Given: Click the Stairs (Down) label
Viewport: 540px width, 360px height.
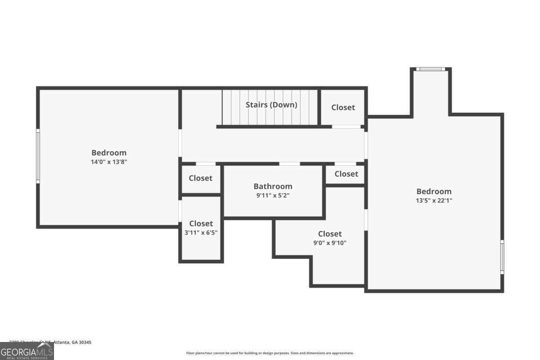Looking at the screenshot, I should (x=271, y=105).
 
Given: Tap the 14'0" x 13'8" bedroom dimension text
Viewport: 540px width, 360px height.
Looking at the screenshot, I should (x=109, y=162).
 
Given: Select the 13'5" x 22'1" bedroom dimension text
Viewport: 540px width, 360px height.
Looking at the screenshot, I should (x=434, y=201).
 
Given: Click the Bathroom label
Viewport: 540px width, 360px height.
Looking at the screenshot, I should (x=273, y=186).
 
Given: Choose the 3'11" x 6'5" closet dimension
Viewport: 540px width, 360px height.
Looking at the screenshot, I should (x=201, y=233).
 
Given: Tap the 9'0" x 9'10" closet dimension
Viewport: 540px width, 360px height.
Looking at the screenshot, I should (x=330, y=243).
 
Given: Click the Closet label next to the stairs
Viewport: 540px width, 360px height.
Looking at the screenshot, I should (x=343, y=108).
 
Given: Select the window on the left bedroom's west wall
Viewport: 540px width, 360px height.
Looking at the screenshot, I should (x=38, y=156).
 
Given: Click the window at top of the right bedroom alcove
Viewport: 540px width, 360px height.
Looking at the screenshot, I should (x=430, y=69).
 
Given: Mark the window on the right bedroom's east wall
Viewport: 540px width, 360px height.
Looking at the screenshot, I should (x=502, y=256).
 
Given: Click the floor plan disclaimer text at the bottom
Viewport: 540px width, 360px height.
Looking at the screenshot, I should (x=270, y=353).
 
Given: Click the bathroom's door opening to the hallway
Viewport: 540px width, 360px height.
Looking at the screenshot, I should (x=289, y=164).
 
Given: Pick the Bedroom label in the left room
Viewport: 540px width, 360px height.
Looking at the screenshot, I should (x=109, y=153).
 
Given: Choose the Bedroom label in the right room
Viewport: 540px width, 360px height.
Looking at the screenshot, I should (x=434, y=192).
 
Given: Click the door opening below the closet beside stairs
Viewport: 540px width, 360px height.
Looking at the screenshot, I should (x=346, y=127).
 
